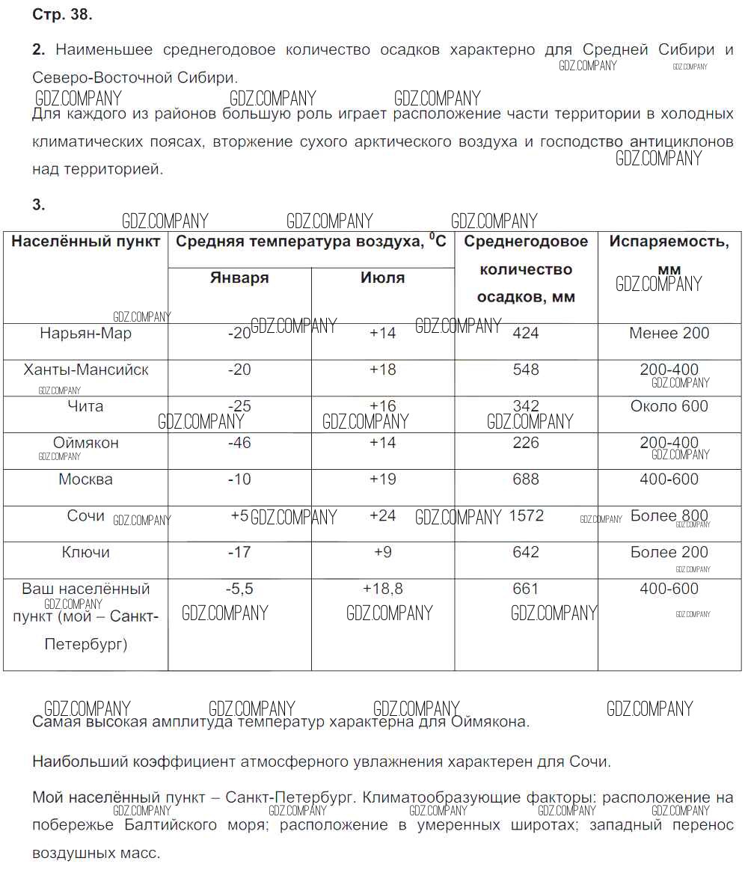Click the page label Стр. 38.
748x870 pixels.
pyautogui.click(x=62, y=15)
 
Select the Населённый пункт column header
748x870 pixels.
pyautogui.click(x=86, y=242)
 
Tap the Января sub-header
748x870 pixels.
pyautogui.click(x=239, y=278)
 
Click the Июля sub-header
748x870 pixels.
pyautogui.click(x=382, y=278)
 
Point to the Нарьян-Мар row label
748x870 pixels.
pyautogui.click(x=85, y=334)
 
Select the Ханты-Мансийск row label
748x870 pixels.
pyautogui.click(x=86, y=370)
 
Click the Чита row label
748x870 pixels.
pyautogui.click(x=85, y=406)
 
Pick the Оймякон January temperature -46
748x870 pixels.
pyautogui.click(x=239, y=443)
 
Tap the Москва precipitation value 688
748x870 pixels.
pyautogui.click(x=526, y=480)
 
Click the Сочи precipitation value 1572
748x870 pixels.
pyautogui.click(x=526, y=515)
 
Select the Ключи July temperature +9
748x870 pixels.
pyautogui.click(x=382, y=552)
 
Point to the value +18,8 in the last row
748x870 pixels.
pyautogui.click(x=382, y=589)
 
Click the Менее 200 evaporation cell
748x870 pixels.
pyautogui.click(x=669, y=334)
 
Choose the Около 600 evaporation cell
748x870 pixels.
pyautogui.click(x=669, y=406)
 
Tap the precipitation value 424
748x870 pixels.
pyautogui.click(x=526, y=334)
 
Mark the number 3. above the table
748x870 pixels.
pyautogui.click(x=39, y=205)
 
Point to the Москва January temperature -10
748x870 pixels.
pyautogui.click(x=239, y=480)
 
